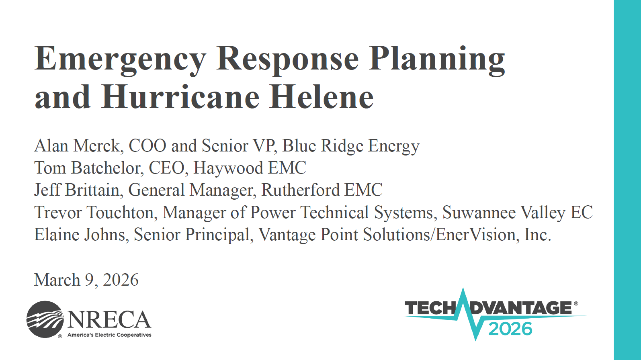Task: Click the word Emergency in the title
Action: (x=120, y=60)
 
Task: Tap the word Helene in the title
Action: (x=321, y=97)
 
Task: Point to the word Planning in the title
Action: (x=437, y=60)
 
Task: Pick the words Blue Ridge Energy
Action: (x=351, y=146)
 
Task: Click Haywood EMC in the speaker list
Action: (x=250, y=168)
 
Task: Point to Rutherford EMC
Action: (x=322, y=190)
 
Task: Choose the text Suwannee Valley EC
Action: (x=517, y=213)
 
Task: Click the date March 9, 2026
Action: (x=86, y=280)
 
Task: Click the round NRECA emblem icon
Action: (x=45, y=319)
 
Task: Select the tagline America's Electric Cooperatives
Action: (x=109, y=335)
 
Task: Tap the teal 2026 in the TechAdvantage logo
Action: (x=510, y=329)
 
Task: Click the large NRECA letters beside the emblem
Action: (x=109, y=319)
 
